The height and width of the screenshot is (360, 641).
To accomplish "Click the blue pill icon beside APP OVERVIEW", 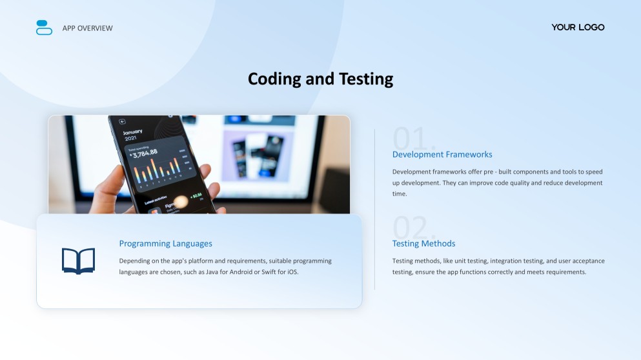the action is pos(44,27).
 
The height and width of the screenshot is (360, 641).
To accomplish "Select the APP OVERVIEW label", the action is pos(88,28).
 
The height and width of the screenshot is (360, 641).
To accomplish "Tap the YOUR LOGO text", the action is pos(578,27).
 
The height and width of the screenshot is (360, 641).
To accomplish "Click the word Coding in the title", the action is pos(274,79).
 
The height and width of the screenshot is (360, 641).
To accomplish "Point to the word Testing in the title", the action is pos(366,79).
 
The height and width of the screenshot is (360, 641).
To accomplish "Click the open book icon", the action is pos(79,261).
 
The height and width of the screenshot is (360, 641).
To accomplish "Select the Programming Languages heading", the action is pos(165,243).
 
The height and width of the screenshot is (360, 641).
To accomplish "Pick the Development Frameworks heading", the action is pos(442,154).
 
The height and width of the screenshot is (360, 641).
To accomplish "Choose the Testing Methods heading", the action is pos(423,243).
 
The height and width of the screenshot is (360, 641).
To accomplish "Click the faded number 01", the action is pos(414,138).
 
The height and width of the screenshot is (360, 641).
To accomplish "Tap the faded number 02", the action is pos(414,227).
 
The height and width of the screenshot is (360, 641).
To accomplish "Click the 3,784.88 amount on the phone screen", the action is pos(145,154).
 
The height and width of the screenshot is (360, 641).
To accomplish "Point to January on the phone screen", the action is pos(132,132).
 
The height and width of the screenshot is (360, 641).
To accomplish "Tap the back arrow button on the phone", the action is pos(122,121).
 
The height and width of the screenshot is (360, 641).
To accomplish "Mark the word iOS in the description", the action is pos(292,272).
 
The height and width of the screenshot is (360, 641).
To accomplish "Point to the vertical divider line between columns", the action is pos(374,209).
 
